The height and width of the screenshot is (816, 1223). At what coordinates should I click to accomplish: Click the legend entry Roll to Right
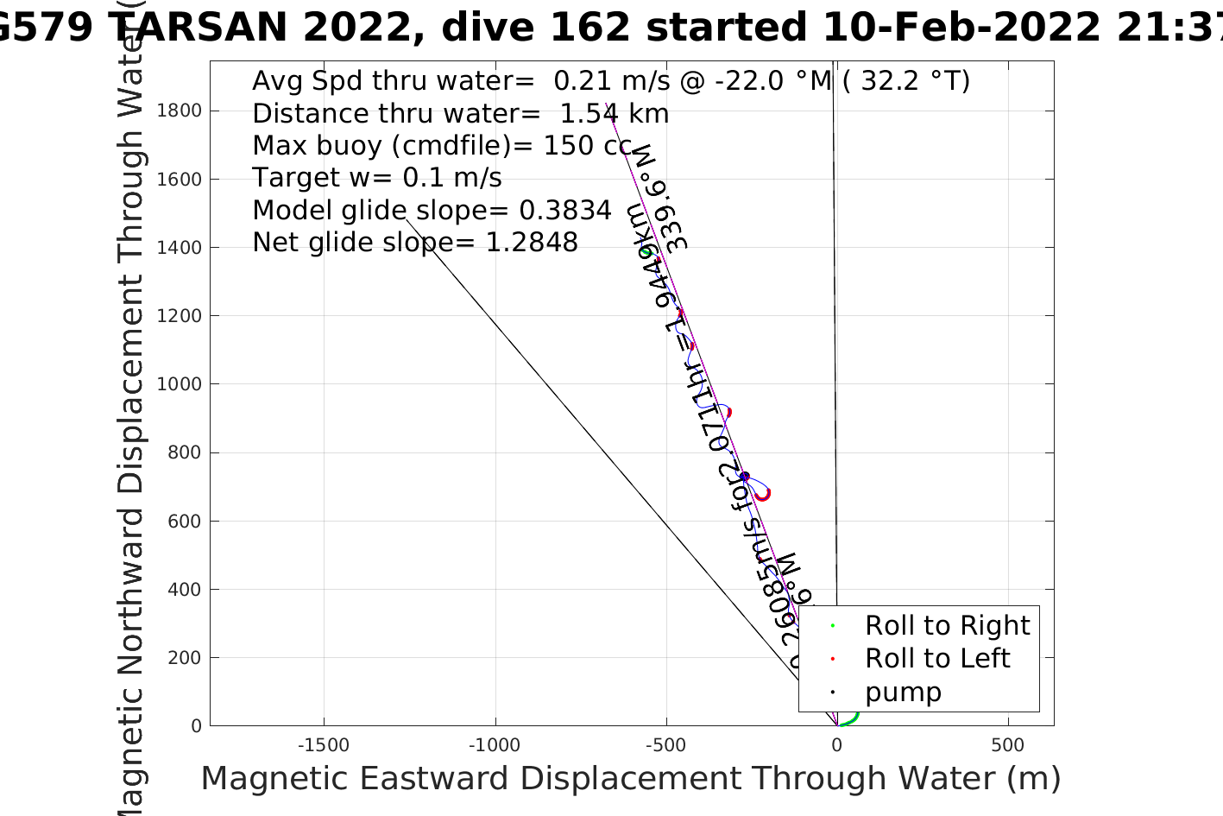947,625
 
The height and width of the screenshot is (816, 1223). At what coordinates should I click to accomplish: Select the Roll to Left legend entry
936,659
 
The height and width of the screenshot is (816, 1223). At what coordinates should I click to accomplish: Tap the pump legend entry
903,693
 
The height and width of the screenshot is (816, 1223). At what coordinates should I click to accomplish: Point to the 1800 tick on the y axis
180,111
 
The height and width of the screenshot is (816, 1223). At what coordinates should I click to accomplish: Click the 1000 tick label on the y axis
180,384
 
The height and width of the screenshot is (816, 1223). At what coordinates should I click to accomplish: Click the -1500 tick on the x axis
324,745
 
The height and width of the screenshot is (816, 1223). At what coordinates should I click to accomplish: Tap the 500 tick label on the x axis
1007,745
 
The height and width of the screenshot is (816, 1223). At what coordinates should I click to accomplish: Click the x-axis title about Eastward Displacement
630,779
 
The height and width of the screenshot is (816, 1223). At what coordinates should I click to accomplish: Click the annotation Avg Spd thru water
611,81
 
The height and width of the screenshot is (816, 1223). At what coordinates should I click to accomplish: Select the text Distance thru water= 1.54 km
460,114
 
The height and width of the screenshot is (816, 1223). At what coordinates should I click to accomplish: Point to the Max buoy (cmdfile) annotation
442,146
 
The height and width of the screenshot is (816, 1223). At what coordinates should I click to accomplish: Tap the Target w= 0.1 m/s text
377,178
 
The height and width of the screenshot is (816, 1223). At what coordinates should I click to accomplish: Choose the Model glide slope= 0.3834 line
432,211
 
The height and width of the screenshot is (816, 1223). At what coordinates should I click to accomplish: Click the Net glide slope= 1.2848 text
415,243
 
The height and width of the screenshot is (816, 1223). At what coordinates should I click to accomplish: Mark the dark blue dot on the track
745,477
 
